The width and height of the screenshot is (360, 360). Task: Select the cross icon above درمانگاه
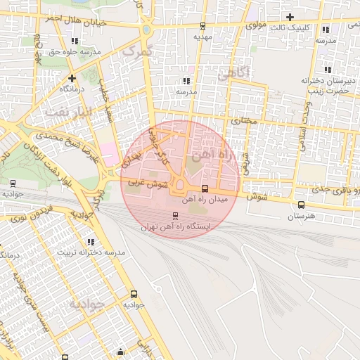(72, 77)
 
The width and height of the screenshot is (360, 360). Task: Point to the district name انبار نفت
(67, 111)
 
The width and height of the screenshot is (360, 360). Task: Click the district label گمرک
(136, 51)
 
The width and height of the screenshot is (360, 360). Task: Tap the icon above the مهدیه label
(203, 25)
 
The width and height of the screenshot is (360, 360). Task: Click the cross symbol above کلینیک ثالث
(290, 16)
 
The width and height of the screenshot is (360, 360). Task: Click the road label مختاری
(245, 122)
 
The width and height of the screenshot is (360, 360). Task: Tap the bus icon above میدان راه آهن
(205, 188)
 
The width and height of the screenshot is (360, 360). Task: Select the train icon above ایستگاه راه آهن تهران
(176, 215)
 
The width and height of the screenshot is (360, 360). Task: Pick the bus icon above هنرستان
(302, 205)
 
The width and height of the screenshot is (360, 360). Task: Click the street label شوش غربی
(148, 184)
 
